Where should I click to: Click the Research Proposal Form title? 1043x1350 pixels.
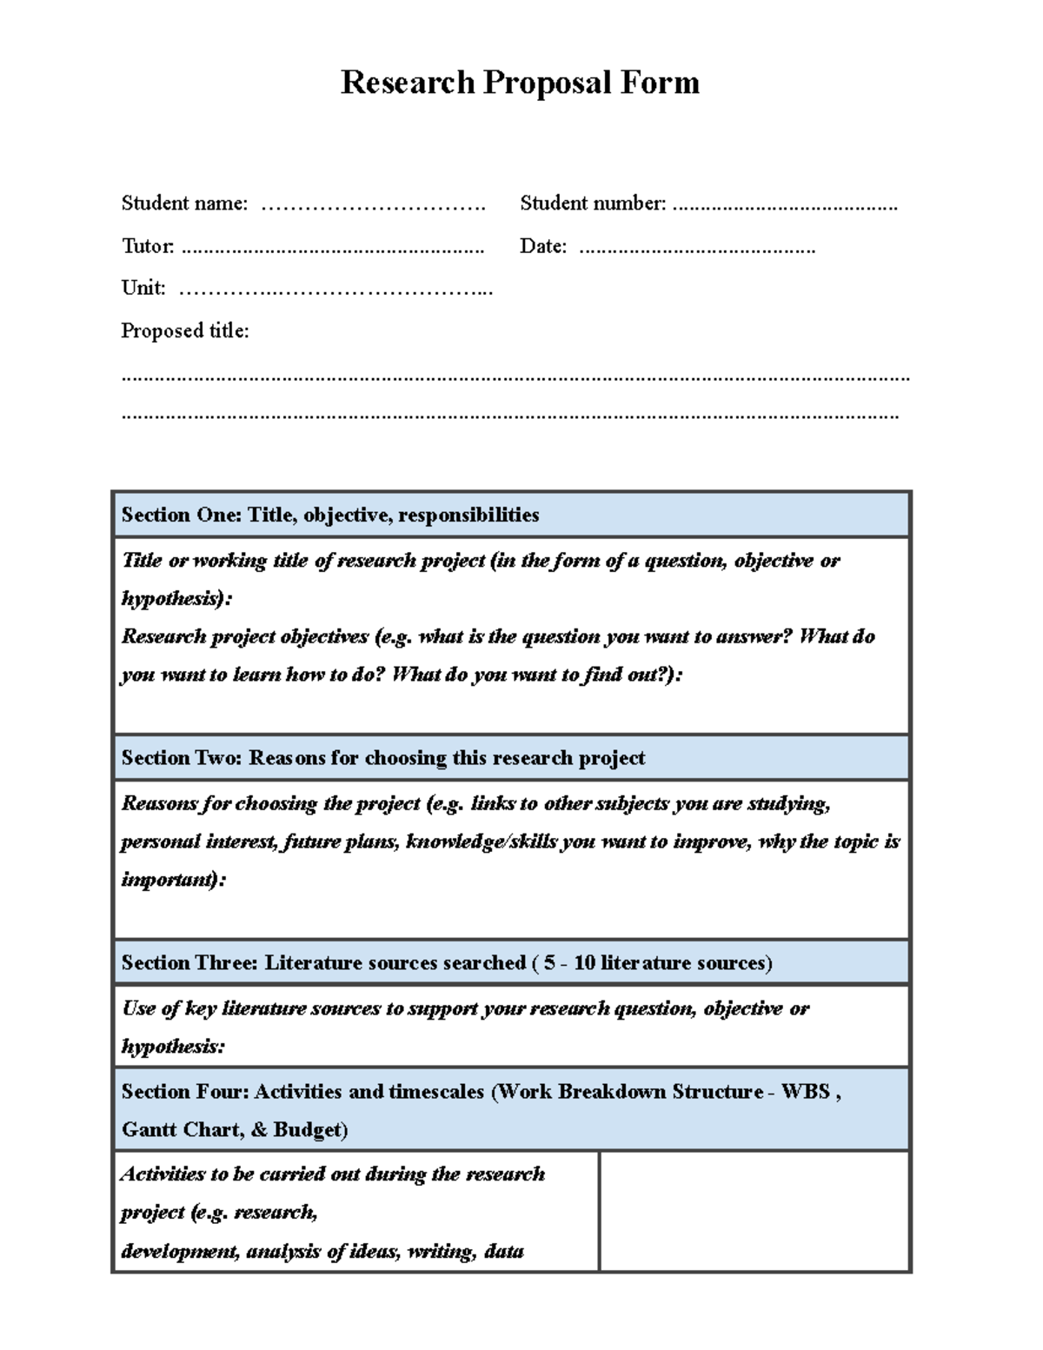520,83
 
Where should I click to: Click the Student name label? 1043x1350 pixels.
184,203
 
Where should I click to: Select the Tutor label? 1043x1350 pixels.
148,246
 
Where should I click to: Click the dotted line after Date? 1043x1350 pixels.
697,250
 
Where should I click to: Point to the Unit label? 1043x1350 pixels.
143,288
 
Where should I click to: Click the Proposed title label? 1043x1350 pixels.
184,330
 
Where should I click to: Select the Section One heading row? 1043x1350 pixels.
511,515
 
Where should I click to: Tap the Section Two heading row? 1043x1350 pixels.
511,757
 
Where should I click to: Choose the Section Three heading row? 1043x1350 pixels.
511,962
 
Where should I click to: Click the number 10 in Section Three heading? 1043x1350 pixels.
584,962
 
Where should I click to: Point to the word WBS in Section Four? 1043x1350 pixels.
806,1091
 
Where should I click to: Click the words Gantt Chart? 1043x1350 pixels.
182,1129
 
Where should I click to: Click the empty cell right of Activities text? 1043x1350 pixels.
754,1211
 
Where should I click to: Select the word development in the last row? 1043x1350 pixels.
178,1251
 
